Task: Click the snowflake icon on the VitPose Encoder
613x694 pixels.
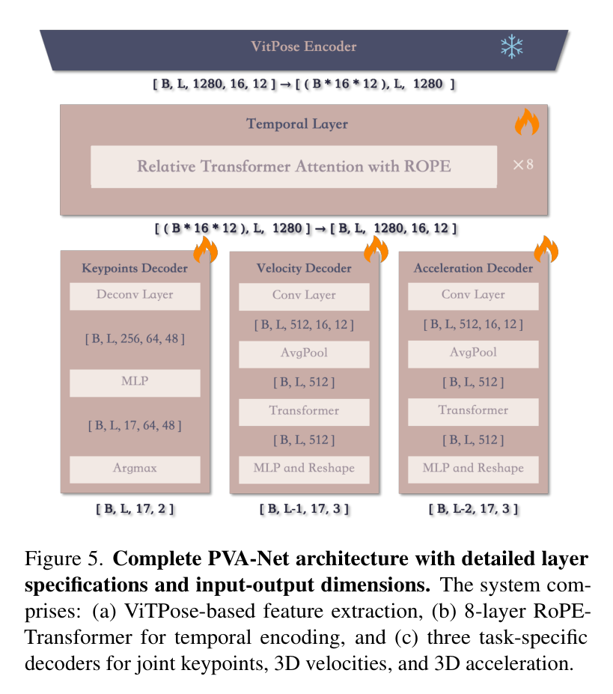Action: tap(512, 46)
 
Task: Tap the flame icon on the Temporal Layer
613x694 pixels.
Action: tap(527, 122)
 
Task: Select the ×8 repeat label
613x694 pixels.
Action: tap(523, 165)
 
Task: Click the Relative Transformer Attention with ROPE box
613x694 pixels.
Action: tap(294, 166)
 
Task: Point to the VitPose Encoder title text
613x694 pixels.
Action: tap(304, 46)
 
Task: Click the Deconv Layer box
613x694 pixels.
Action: tap(135, 296)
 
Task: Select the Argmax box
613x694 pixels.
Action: tap(135, 469)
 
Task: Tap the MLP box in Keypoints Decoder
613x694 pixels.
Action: tap(135, 383)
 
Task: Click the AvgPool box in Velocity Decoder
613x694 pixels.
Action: tap(304, 354)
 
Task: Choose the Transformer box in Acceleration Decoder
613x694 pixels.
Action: tap(473, 412)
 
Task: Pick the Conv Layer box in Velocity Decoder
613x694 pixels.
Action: tap(304, 296)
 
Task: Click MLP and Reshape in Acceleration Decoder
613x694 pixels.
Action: tap(473, 469)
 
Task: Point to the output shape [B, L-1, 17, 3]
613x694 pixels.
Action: tap(304, 509)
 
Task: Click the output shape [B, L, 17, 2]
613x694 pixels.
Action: tap(135, 509)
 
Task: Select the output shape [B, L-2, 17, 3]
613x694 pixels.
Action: tap(473, 509)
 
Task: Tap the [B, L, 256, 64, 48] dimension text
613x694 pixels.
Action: tap(135, 339)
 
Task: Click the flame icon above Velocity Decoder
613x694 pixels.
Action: tap(376, 249)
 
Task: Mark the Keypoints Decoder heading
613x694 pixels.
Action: tap(135, 268)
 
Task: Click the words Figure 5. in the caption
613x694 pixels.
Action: tap(64, 559)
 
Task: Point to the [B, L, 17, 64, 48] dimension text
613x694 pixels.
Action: tap(135, 426)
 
